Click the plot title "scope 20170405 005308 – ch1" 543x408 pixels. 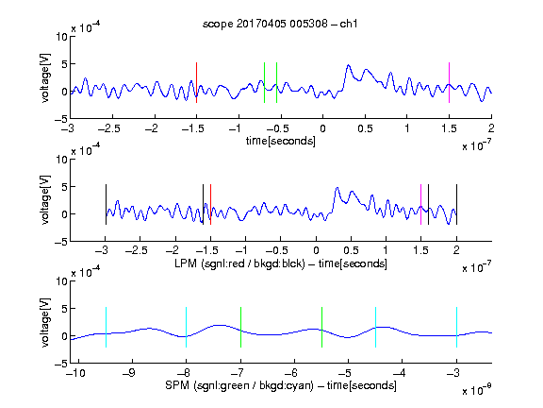pyautogui.click(x=280, y=24)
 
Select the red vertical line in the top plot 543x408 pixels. pyautogui.click(x=196, y=82)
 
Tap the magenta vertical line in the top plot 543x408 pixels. pyautogui.click(x=449, y=82)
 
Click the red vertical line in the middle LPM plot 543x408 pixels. pyautogui.click(x=210, y=205)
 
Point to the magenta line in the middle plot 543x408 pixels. pyautogui.click(x=420, y=205)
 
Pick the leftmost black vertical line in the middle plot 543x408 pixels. pyautogui.click(x=106, y=205)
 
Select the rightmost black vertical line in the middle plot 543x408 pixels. pyautogui.click(x=456, y=205)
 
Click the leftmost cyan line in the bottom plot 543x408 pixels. pyautogui.click(x=106, y=327)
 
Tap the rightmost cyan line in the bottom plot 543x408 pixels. pyautogui.click(x=456, y=327)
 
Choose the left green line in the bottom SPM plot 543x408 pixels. pyautogui.click(x=240, y=327)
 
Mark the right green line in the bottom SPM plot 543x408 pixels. pyautogui.click(x=321, y=327)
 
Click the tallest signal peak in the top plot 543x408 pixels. pyautogui.click(x=349, y=65)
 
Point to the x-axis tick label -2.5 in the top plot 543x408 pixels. pyautogui.click(x=109, y=128)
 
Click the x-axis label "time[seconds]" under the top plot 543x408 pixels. pyautogui.click(x=281, y=141)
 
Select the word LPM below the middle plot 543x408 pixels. pyautogui.click(x=186, y=263)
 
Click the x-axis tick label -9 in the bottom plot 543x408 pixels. pyautogui.click(x=129, y=373)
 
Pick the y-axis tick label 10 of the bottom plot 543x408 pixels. pyautogui.click(x=61, y=281)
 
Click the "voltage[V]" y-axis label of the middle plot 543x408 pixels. pyautogui.click(x=45, y=200)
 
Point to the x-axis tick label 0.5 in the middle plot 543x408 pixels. pyautogui.click(x=351, y=250)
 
